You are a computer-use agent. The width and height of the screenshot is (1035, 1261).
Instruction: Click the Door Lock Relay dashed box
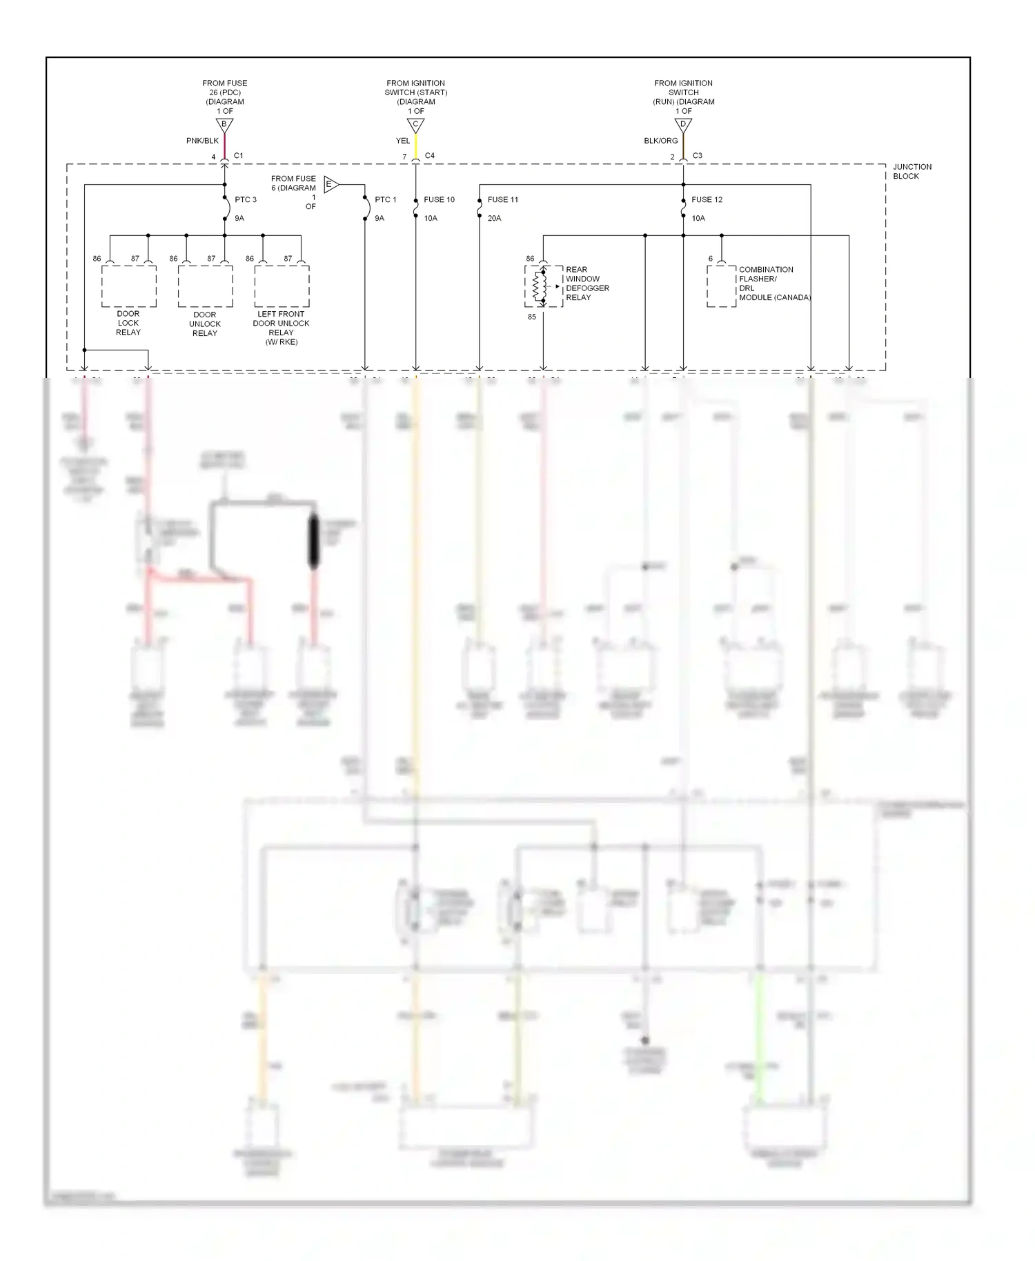click(x=129, y=286)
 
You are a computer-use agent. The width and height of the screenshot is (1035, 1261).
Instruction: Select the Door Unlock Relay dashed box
click(x=205, y=286)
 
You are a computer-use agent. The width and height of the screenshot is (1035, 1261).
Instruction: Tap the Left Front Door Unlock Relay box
click(x=282, y=286)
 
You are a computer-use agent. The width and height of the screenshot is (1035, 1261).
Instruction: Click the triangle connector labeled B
click(x=224, y=125)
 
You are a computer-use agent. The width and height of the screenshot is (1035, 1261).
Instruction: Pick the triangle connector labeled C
click(x=415, y=125)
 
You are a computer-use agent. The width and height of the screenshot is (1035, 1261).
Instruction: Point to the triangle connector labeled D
click(x=683, y=125)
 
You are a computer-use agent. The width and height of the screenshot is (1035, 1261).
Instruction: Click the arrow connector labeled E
click(x=331, y=184)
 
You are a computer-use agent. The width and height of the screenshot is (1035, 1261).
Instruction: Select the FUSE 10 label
click(x=439, y=199)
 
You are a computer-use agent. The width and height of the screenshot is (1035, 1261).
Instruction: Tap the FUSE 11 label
click(x=502, y=199)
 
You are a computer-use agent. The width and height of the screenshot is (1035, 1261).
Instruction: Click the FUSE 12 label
click(x=707, y=199)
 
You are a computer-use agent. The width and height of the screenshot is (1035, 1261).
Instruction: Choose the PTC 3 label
click(x=246, y=199)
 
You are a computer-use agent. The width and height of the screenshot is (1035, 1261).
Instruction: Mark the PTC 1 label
click(x=386, y=199)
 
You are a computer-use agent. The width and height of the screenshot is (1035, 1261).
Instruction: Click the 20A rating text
click(x=494, y=218)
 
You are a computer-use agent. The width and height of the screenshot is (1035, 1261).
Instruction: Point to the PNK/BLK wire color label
click(x=202, y=141)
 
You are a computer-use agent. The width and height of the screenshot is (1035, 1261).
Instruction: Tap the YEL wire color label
click(x=403, y=141)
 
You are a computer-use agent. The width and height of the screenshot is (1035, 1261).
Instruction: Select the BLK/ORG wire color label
click(x=661, y=141)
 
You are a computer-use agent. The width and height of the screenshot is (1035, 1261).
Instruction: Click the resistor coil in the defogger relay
click(x=540, y=286)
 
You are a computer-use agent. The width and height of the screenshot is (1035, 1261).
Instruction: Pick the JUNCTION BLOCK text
click(x=911, y=171)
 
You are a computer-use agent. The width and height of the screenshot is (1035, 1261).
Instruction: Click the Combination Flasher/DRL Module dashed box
click(x=721, y=286)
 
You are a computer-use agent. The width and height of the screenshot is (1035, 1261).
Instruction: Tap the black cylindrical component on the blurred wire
click(x=313, y=542)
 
